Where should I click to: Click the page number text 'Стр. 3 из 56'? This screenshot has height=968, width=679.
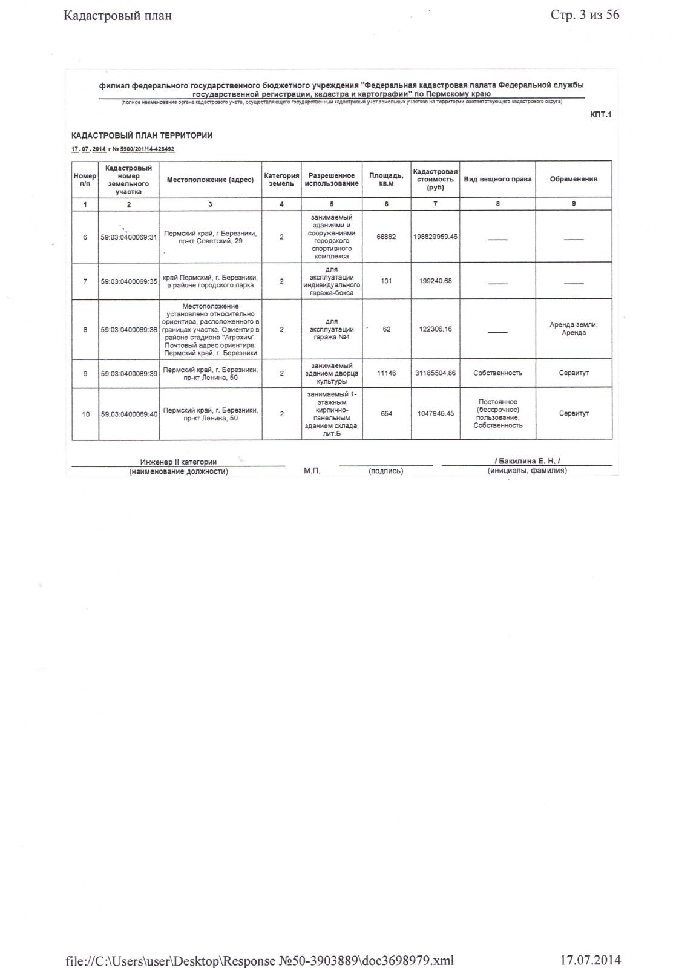click(x=585, y=15)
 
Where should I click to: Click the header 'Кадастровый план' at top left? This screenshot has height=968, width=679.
click(x=117, y=16)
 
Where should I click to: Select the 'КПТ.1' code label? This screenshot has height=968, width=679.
click(x=600, y=114)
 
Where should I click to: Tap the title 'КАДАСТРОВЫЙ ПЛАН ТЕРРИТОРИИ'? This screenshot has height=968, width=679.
click(x=142, y=136)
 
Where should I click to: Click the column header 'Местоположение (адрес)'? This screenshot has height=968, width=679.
click(x=210, y=179)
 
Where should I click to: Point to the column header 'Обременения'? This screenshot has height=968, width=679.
click(x=573, y=179)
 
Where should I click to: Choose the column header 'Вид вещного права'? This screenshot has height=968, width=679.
click(x=497, y=179)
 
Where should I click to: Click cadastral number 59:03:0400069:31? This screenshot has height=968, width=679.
click(x=129, y=237)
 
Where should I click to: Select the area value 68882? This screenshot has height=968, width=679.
click(x=386, y=237)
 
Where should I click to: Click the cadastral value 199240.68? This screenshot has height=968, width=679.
click(x=435, y=281)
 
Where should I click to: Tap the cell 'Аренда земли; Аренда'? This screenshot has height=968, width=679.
click(x=573, y=329)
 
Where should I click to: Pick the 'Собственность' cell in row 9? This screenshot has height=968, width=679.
click(x=497, y=373)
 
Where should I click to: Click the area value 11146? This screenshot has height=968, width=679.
click(x=386, y=373)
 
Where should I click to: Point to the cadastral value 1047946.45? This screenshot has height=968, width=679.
click(x=435, y=414)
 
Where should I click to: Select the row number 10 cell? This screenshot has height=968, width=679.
click(x=85, y=414)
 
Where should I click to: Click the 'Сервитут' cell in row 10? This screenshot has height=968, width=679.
click(x=573, y=414)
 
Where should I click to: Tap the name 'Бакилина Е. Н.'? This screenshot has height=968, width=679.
click(x=527, y=461)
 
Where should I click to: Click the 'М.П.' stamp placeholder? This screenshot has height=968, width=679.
click(x=312, y=471)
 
